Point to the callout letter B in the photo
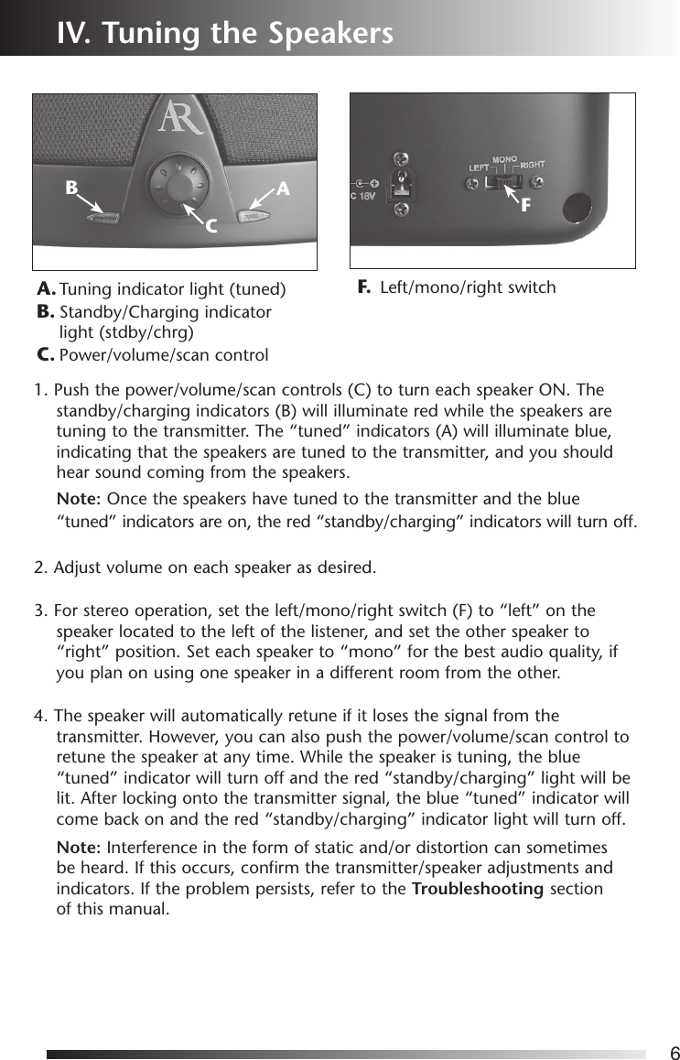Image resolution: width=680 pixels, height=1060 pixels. [70, 189]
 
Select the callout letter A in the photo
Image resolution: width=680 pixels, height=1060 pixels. [284, 189]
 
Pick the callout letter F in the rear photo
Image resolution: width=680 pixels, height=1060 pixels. [525, 207]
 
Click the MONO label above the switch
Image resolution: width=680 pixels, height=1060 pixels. [504, 160]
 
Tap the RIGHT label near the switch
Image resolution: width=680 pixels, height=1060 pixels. [533, 165]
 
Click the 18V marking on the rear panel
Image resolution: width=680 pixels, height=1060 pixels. [365, 195]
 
